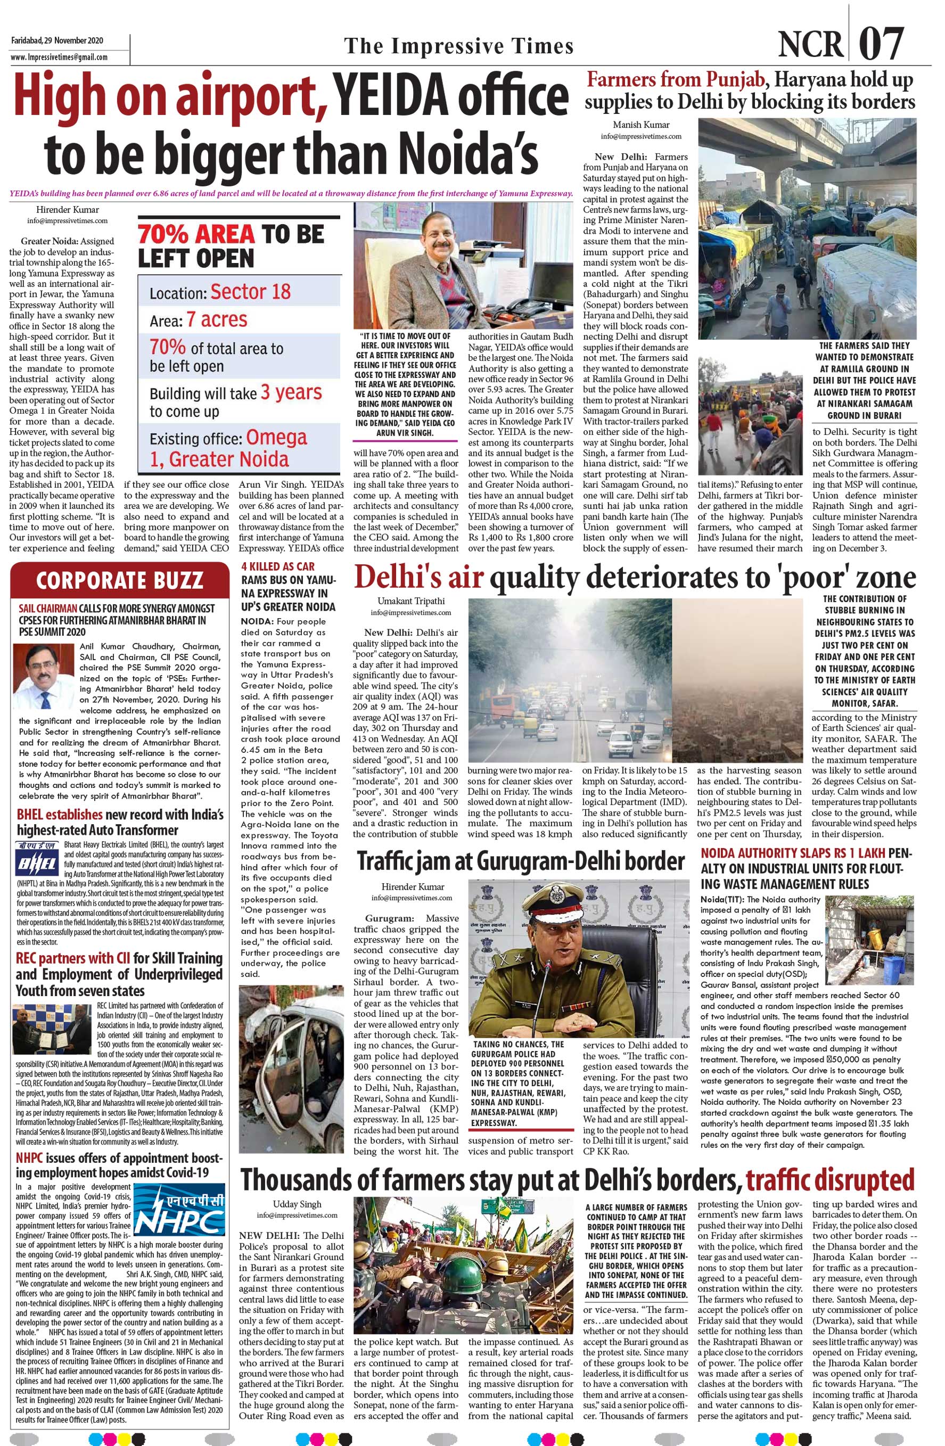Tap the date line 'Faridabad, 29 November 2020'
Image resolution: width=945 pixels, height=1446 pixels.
coord(57,40)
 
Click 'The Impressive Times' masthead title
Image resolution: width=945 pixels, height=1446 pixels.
coord(459,46)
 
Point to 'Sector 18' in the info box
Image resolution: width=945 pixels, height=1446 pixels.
coord(250,292)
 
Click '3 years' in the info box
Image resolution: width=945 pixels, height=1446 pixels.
coord(291,392)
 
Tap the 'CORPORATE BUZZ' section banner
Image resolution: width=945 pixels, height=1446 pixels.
coord(119,580)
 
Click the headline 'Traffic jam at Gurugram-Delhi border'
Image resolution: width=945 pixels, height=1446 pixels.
coord(521,861)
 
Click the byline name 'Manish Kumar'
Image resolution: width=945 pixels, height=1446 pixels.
coord(640,125)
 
